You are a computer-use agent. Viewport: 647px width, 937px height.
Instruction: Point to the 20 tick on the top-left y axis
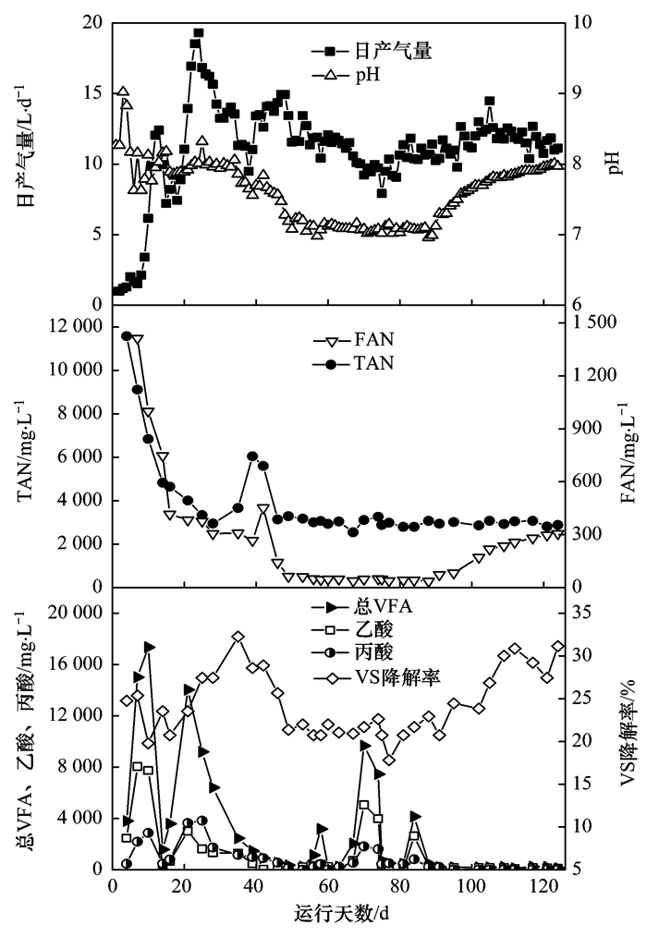(92, 22)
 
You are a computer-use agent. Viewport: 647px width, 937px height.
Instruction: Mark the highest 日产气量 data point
(198, 32)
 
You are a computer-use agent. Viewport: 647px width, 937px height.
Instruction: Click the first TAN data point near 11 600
(126, 335)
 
